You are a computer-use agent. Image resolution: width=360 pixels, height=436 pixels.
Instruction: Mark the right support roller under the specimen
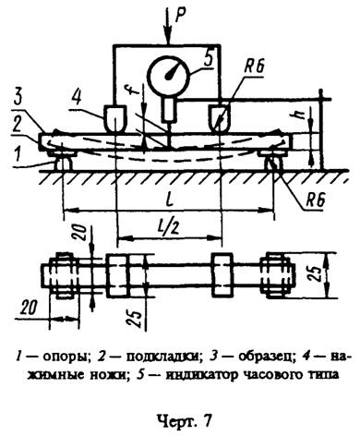pyautogui.click(x=274, y=164)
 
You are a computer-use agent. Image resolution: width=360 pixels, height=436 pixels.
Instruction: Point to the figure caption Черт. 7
pyautogui.click(x=177, y=418)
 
